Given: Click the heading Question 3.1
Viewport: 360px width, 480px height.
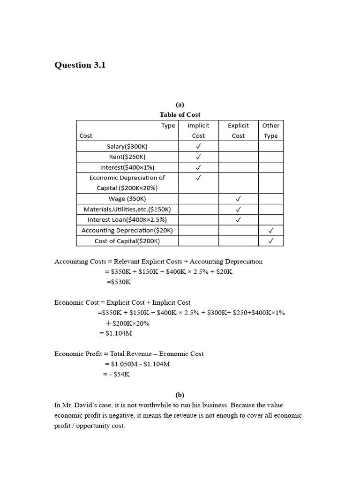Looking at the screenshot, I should (x=80, y=65).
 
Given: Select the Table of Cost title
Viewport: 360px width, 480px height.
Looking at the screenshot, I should (x=180, y=114).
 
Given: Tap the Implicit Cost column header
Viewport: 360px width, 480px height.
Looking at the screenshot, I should (x=198, y=130).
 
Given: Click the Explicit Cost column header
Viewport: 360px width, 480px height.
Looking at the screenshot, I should (x=238, y=130).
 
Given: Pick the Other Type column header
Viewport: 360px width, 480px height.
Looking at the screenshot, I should (x=270, y=130).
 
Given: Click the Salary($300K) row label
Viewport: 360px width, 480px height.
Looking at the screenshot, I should (x=127, y=146).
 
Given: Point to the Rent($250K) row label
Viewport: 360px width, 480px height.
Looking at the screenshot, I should (x=127, y=157).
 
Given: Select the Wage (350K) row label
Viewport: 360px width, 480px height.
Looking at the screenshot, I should (x=127, y=198).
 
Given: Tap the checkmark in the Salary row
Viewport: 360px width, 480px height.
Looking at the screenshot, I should (x=198, y=146).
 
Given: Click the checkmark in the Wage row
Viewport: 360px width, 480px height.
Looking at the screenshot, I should (x=238, y=199).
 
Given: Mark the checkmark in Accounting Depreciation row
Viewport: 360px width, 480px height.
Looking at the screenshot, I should (x=270, y=230).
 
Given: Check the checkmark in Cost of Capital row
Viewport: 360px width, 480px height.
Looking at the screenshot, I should (x=270, y=241).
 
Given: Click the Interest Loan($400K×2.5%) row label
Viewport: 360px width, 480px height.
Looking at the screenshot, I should (x=127, y=219).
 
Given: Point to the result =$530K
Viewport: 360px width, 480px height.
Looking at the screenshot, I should (x=119, y=282).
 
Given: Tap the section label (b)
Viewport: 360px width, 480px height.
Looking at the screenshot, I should (x=180, y=395).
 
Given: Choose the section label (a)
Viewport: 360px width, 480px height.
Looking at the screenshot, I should (x=180, y=105).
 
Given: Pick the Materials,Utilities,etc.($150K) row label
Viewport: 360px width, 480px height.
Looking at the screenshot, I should (x=127, y=209).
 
